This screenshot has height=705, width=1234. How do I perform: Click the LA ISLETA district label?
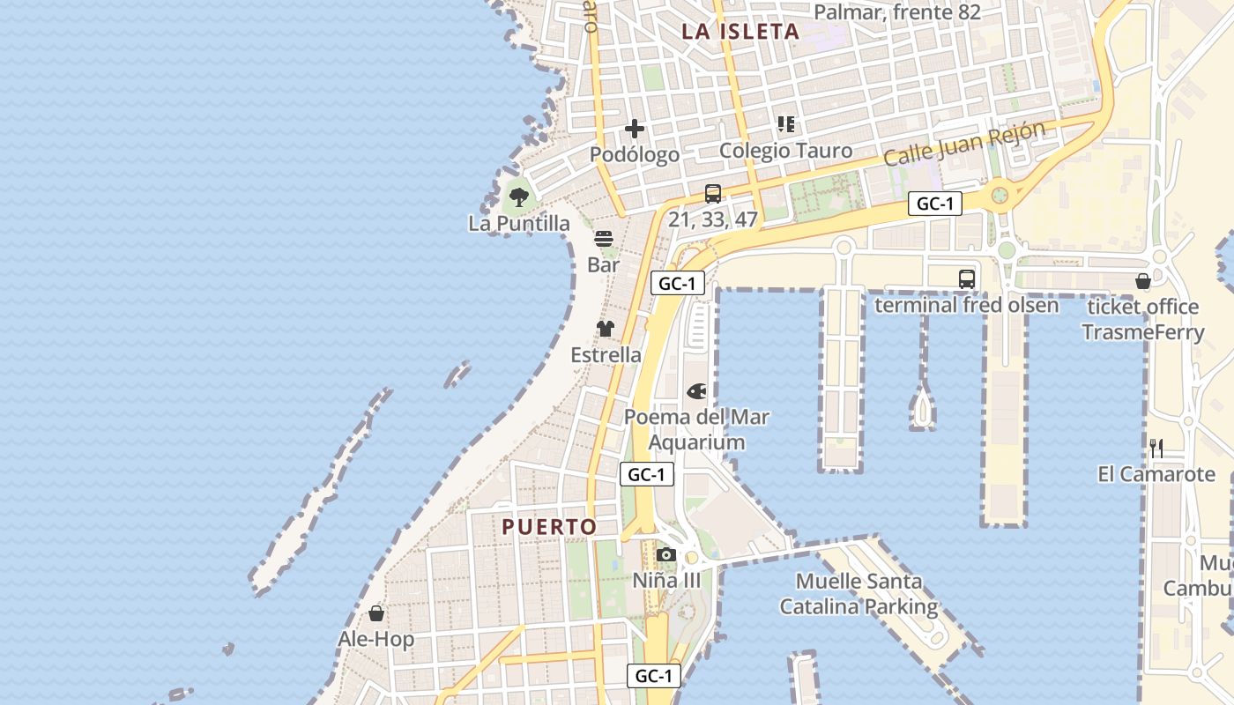[x=740, y=32]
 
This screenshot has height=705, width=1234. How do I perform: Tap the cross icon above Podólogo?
[x=635, y=129]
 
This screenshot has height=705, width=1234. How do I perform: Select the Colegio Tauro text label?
[x=785, y=150]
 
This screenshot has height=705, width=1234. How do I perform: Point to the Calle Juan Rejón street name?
[x=964, y=144]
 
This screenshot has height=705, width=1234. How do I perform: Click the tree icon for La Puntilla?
[x=519, y=197]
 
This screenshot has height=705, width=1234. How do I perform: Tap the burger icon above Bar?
[x=604, y=238]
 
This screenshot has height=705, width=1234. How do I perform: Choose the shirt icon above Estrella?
[x=605, y=329]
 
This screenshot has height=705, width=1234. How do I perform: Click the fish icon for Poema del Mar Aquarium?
[x=696, y=390]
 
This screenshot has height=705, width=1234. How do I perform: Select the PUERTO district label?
[x=549, y=527]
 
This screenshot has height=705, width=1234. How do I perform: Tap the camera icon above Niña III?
[x=666, y=554]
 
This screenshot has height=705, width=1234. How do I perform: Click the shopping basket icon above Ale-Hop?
[x=376, y=612]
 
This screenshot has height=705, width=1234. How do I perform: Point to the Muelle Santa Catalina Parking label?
[x=859, y=594]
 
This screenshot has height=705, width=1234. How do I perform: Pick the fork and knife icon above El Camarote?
[x=1156, y=448]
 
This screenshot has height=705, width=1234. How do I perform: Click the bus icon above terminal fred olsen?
[x=966, y=279]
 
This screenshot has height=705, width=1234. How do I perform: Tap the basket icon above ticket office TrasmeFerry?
[x=1143, y=281]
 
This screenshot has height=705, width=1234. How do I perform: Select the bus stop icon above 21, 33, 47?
[x=712, y=194]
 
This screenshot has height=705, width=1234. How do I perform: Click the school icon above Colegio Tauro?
[x=786, y=124]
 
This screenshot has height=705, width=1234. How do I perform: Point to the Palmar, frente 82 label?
[x=897, y=12]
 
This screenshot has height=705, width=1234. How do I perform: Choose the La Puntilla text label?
[x=519, y=224]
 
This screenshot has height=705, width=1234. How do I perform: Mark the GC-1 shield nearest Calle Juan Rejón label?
[x=934, y=204]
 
